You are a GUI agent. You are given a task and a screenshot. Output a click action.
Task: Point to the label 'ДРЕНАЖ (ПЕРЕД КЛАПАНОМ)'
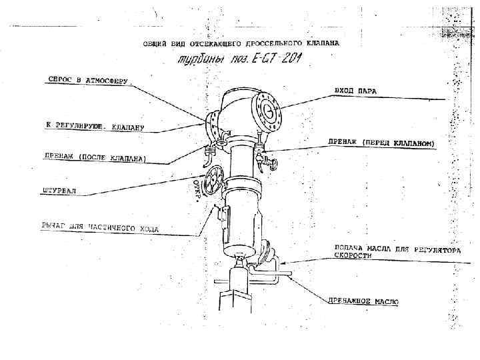(x=381, y=143)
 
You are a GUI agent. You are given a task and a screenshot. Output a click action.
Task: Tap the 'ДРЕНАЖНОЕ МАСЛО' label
(x=363, y=301)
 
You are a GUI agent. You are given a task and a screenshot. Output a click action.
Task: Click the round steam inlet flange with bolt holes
(x=269, y=111)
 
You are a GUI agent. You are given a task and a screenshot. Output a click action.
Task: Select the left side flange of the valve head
(x=213, y=125)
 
